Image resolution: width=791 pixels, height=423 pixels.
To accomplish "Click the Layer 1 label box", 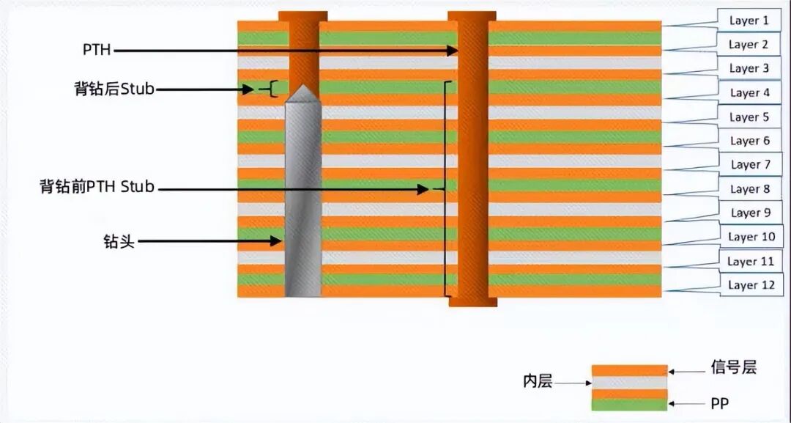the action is click(749, 21).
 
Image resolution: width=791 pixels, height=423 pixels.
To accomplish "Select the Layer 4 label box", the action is click(750, 93).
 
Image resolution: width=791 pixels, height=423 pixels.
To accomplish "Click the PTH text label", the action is click(97, 50).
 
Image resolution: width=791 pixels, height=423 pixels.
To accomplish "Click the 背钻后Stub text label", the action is click(114, 89).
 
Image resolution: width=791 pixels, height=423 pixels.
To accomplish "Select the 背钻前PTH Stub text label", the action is click(97, 187).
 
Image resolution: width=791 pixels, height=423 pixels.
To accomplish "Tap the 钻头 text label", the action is click(119, 241).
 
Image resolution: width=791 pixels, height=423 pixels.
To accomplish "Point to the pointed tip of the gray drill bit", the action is click(303, 85).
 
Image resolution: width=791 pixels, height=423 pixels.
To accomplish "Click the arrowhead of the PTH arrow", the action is click(453, 50).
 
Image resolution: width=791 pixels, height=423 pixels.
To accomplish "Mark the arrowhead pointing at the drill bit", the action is click(275, 241).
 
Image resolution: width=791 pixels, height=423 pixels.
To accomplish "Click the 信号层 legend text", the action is click(733, 367).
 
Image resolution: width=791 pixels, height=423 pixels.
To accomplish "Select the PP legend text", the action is click(719, 403).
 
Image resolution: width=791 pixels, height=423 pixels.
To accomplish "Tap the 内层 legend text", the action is click(538, 382).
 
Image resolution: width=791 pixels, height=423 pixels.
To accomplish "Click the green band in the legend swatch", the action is click(630, 405).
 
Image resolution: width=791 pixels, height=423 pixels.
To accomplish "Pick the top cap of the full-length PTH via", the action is click(472, 16).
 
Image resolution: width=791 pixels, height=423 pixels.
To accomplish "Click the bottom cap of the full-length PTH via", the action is click(472, 302).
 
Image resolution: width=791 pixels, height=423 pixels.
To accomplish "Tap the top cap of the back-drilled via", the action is click(302, 16).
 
